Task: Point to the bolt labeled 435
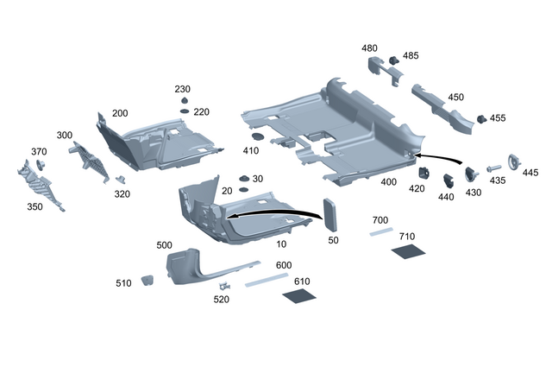pyautogui.click(x=494, y=168)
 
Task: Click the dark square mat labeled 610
pyautogui.click(x=298, y=295)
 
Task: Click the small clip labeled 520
pyautogui.click(x=224, y=286)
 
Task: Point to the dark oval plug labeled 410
pyautogui.click(x=256, y=137)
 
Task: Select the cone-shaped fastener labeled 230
pyautogui.click(x=184, y=102)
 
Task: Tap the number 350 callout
pyautogui.click(x=34, y=207)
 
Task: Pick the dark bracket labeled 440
pyautogui.click(x=448, y=180)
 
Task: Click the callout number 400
pyautogui.click(x=388, y=182)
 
